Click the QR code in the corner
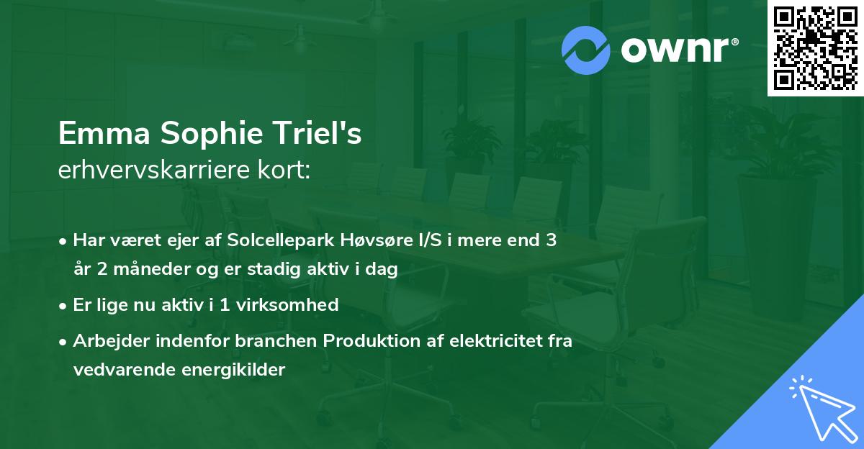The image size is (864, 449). pyautogui.click(x=816, y=47)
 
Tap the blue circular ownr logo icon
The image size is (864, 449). pyautogui.click(x=586, y=50)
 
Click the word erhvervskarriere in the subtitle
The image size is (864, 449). pyautogui.click(x=151, y=171)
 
